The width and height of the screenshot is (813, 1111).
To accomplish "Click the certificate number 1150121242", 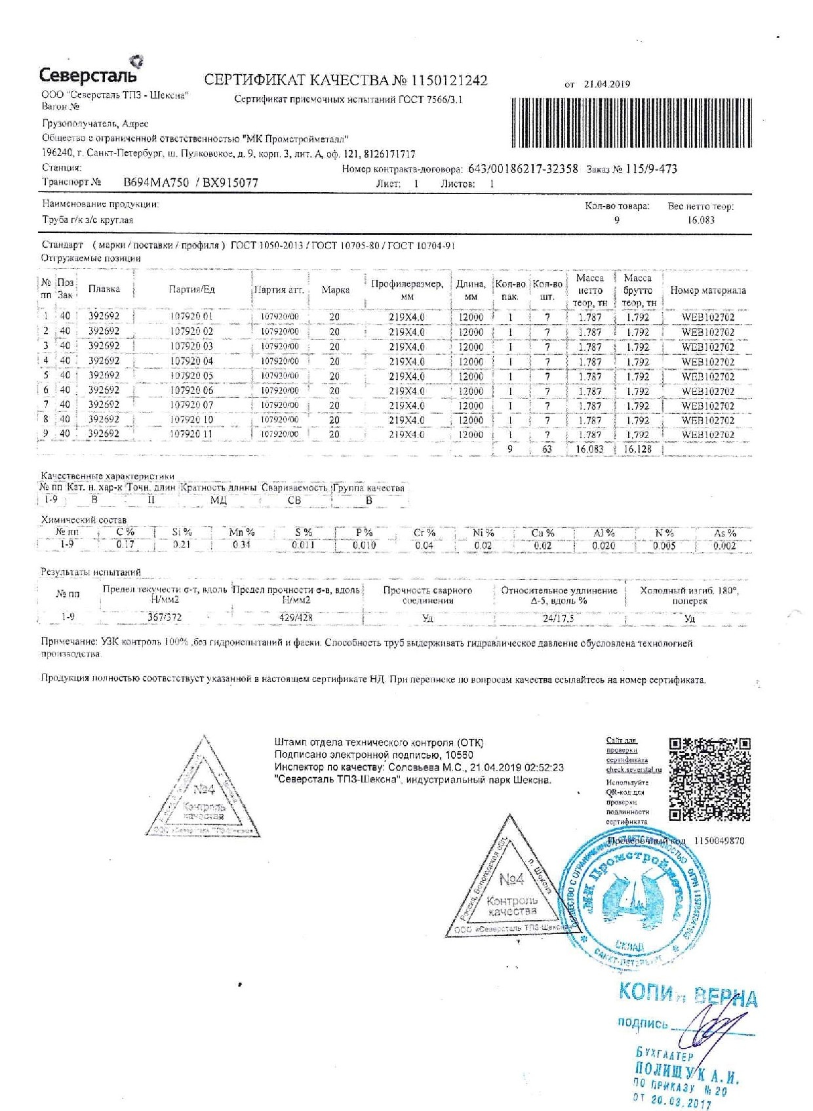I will (x=449, y=81).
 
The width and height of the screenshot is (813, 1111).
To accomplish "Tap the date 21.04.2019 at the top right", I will (x=606, y=84).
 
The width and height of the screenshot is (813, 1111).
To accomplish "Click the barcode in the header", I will (x=631, y=123).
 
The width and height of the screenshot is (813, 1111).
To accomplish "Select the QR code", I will (x=709, y=778).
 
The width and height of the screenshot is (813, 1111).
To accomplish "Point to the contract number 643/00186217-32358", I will (x=523, y=169).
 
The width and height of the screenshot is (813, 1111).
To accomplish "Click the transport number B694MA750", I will (x=156, y=183).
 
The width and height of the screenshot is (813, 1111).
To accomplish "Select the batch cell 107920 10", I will (x=191, y=420).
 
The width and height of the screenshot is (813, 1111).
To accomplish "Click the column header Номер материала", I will (x=707, y=290).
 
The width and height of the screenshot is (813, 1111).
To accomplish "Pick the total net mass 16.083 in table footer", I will (x=589, y=449).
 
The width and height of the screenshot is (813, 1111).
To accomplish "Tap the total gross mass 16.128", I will (x=637, y=449).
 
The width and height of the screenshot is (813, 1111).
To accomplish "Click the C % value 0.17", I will (x=125, y=544).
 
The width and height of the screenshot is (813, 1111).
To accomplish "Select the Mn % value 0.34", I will (x=241, y=544).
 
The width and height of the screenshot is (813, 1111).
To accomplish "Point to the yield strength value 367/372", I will (x=165, y=617).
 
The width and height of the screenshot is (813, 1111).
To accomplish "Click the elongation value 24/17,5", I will (x=559, y=618).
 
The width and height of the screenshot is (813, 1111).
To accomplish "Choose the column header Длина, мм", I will (x=471, y=290).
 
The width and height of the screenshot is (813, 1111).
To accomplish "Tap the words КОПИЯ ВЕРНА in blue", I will (x=687, y=995).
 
